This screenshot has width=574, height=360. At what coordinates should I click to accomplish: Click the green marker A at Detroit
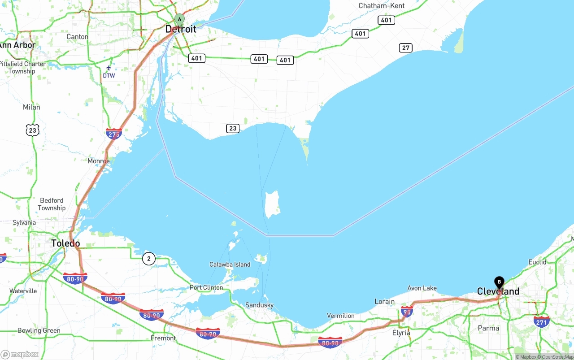(179, 19)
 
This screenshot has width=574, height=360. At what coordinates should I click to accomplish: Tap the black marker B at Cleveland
(499, 282)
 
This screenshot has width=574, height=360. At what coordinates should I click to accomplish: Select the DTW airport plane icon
(109, 68)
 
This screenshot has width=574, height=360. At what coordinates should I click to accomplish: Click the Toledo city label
(65, 243)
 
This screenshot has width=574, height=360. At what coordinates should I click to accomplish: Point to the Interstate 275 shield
(114, 134)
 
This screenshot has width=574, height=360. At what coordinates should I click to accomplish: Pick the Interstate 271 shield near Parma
(542, 321)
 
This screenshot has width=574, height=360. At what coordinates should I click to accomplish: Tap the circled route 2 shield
(149, 259)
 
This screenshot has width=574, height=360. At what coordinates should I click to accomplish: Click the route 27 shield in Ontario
(406, 48)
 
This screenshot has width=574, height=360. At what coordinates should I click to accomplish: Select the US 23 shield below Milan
(32, 130)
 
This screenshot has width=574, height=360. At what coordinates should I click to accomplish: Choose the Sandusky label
(259, 305)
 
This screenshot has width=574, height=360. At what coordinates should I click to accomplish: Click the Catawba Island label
(230, 265)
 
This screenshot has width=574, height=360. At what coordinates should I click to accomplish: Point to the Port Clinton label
(206, 287)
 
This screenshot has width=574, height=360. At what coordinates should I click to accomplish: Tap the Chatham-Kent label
(382, 6)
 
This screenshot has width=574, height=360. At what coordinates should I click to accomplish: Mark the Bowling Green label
(39, 331)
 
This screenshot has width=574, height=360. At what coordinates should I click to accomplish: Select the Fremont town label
(163, 338)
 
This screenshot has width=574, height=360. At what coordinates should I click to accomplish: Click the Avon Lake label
(422, 288)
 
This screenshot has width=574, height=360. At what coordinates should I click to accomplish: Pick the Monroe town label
(99, 161)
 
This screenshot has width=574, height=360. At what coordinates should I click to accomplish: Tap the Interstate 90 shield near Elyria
(407, 312)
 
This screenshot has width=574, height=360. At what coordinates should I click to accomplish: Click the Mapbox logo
(20, 354)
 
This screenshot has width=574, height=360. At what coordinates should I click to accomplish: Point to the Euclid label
(537, 262)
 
